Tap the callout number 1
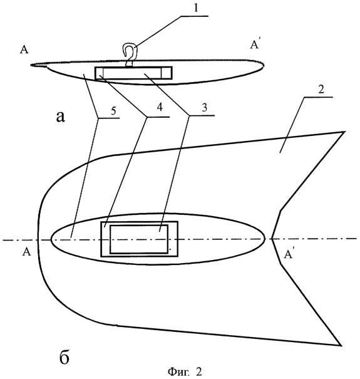(x=196, y=8)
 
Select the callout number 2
(x=321, y=90)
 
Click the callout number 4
(x=160, y=107)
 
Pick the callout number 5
(x=113, y=111)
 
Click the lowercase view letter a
(x=60, y=118)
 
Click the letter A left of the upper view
(x=24, y=49)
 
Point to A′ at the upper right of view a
(x=255, y=44)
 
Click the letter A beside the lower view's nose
(x=26, y=252)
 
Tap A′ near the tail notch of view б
(x=289, y=254)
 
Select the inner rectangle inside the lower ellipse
(x=139, y=239)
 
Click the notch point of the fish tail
(x=272, y=239)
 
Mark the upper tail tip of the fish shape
(x=344, y=132)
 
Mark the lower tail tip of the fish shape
(x=340, y=345)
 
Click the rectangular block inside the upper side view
(x=134, y=73)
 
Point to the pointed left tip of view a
(x=31, y=65)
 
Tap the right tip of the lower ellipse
(x=265, y=239)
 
